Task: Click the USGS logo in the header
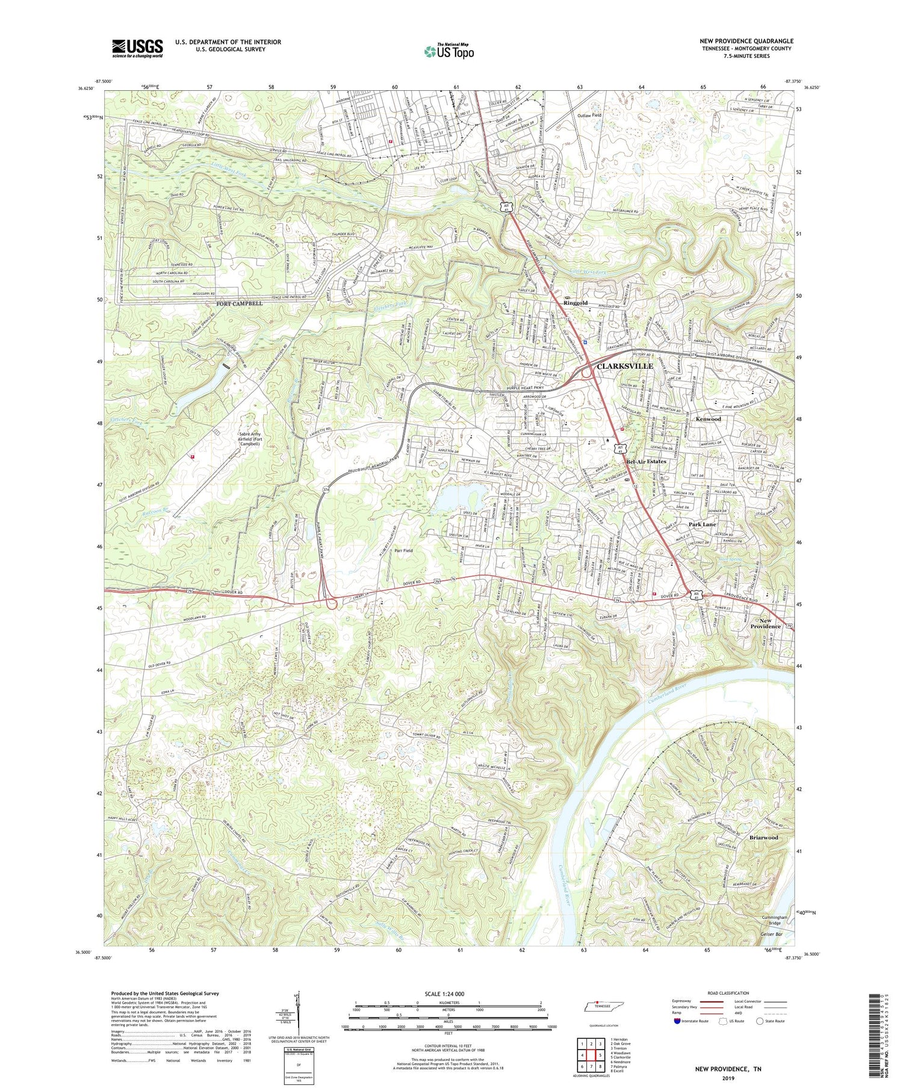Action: coord(137,48)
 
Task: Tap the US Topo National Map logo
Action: coord(448,51)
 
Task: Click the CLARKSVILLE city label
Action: coord(624,366)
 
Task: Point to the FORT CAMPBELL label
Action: coord(240,304)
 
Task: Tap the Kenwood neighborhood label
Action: coord(708,419)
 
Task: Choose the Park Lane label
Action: coord(702,524)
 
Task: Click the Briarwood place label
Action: coord(763,837)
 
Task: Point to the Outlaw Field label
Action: coord(589,115)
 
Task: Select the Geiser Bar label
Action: coord(771,934)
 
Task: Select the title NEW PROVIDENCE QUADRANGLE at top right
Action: coord(746,41)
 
